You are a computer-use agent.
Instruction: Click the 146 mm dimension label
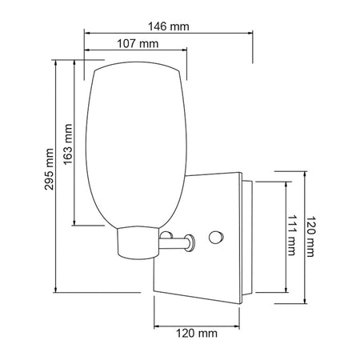(169, 26)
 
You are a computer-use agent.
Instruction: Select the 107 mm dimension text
(138, 43)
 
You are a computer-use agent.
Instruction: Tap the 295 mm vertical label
(49, 170)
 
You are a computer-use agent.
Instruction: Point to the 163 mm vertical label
(68, 144)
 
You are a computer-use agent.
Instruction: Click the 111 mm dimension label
(291, 235)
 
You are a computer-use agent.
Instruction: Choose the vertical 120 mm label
(310, 236)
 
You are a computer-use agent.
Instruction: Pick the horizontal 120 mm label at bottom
(197, 334)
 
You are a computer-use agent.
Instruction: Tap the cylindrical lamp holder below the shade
(138, 243)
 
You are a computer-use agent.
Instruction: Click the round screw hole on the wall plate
(215, 237)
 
